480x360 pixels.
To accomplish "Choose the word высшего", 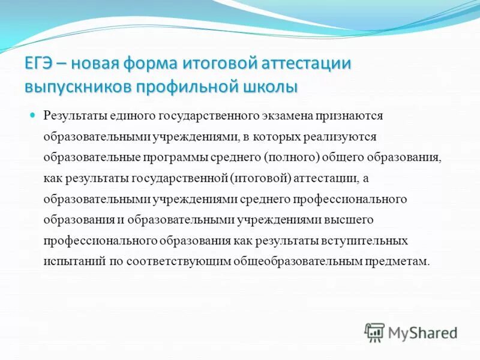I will (348, 220).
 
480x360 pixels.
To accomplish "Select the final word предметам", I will (402, 262).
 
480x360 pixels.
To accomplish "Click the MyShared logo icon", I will (374, 332).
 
